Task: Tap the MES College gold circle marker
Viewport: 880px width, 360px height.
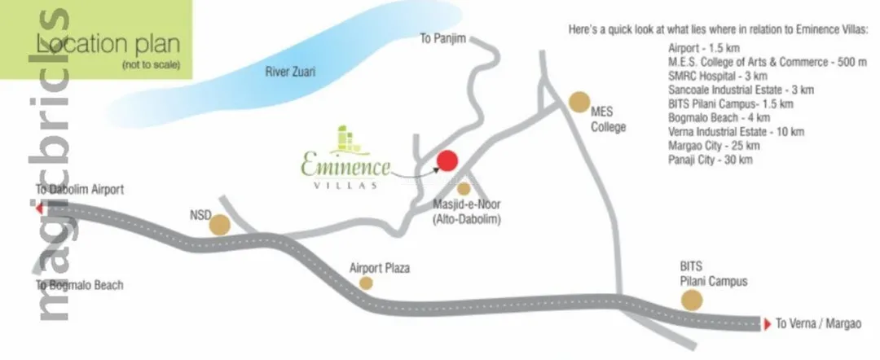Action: tap(579, 102)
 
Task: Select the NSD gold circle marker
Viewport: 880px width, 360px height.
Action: tap(219, 225)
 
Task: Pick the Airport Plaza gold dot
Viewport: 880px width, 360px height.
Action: tap(367, 283)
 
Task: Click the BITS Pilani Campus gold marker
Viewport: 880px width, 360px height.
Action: tap(692, 301)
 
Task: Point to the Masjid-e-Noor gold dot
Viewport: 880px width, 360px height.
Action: tap(464, 189)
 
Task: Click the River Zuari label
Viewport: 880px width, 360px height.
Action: tap(290, 72)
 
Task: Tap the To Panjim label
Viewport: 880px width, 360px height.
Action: tap(442, 38)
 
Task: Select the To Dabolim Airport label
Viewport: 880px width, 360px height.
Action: tap(79, 190)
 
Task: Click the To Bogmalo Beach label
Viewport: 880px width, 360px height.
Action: tap(79, 285)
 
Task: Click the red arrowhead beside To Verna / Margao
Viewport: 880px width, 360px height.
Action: tap(765, 323)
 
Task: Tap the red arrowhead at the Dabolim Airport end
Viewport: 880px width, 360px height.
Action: tap(39, 208)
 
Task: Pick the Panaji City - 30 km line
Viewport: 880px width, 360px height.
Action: tap(710, 160)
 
